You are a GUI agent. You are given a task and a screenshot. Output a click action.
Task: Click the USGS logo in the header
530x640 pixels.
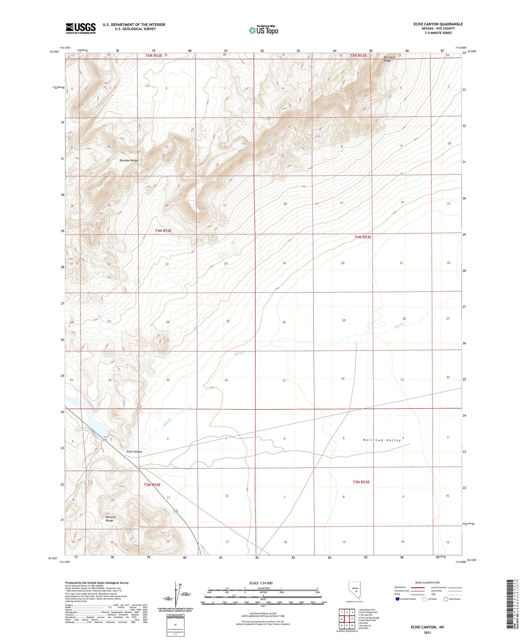[81, 28]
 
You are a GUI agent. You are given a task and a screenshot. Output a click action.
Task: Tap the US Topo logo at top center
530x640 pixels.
[264, 30]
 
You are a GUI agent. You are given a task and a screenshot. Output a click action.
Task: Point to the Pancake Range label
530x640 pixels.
[129, 161]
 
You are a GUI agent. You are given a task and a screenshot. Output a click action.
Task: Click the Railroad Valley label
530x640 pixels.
[382, 440]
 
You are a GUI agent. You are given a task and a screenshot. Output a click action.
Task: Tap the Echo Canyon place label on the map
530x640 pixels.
[134, 452]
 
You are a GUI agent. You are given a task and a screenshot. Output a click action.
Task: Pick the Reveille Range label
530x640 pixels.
[111, 519]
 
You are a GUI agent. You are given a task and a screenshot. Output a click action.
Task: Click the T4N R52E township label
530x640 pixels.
[163, 231]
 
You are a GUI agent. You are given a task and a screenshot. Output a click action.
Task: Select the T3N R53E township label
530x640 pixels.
[361, 482]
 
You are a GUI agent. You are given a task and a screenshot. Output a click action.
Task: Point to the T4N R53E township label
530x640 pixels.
[363, 237]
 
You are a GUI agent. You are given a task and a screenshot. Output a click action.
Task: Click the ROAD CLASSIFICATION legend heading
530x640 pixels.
[428, 582]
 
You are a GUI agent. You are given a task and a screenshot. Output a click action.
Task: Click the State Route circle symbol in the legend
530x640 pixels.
[446, 599]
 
